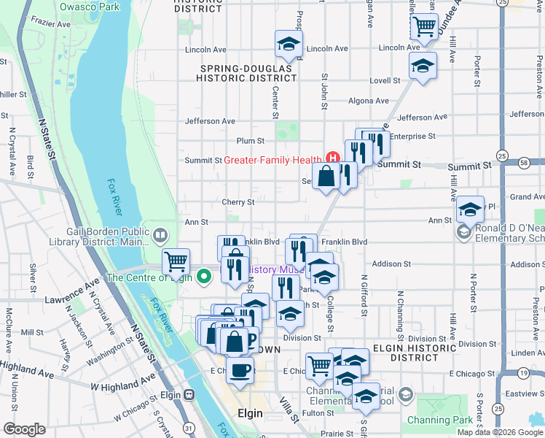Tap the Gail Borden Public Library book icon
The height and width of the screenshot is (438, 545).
click(160, 235)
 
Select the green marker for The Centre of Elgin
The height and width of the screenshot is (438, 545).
click(205, 277)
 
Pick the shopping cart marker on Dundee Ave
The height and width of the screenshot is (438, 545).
click(423, 27)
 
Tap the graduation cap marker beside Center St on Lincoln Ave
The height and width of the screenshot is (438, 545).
click(289, 44)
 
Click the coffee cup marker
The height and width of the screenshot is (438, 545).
click(240, 369)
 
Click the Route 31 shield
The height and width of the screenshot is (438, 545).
click(189, 427)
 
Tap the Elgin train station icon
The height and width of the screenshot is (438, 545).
click(189, 394)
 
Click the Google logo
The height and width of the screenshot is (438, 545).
click(24, 429)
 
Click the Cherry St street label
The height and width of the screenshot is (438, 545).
click(238, 202)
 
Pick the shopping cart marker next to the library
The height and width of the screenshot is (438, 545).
click(176, 261)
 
